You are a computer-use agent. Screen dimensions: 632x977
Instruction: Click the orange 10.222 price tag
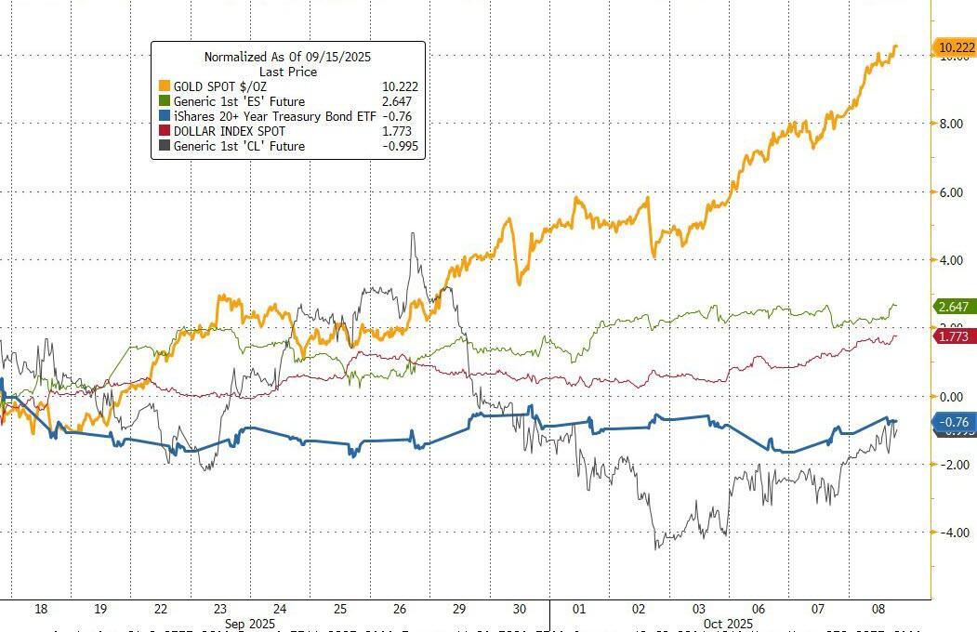click(956, 48)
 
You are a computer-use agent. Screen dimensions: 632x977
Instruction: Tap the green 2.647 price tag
click(953, 306)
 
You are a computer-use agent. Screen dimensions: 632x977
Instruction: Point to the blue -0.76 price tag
click(953, 422)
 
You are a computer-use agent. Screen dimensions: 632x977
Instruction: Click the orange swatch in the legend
click(165, 86)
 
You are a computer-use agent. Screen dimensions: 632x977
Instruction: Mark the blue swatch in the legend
click(165, 116)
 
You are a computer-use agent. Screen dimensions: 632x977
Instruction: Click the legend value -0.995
click(395, 146)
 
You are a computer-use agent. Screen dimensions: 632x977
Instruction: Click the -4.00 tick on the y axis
click(952, 533)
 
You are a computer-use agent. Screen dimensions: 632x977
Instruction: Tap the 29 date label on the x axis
click(458, 609)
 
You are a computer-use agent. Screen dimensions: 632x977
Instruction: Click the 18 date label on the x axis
click(40, 609)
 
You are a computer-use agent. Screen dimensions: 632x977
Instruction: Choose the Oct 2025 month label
click(727, 624)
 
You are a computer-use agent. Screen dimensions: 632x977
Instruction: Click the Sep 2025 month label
click(250, 624)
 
